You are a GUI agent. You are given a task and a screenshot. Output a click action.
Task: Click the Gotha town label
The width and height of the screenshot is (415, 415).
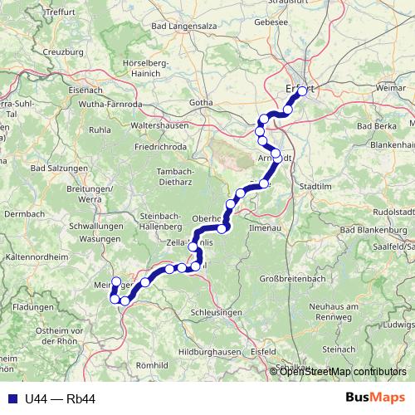(202, 103)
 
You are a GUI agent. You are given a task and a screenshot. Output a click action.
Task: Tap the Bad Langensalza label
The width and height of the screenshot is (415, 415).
(188, 27)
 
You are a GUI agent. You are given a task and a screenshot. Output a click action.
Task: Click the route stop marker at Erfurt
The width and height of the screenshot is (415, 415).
(302, 92)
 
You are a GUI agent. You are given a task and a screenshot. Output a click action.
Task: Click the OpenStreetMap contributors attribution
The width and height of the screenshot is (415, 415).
(342, 372)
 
